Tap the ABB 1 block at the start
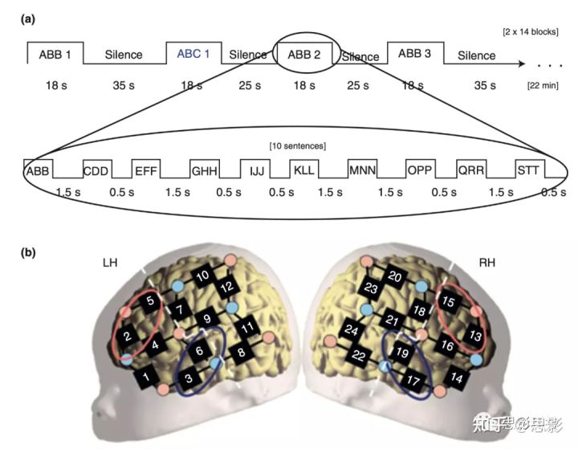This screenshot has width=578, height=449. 54,54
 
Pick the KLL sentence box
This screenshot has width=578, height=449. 303,170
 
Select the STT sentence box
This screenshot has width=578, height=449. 528,170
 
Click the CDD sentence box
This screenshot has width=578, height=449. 96,170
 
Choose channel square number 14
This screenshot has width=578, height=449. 457,374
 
